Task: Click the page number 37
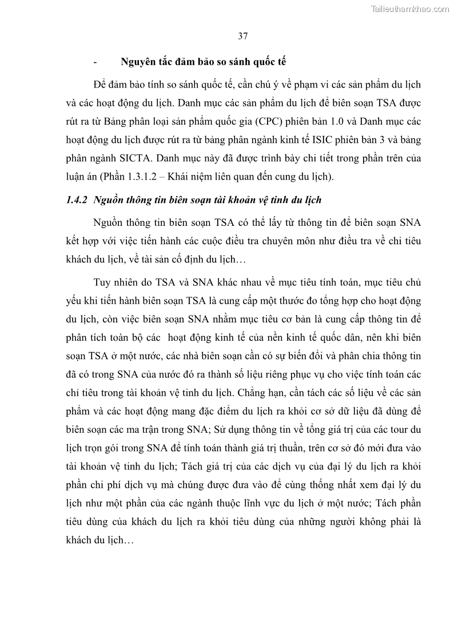point(242,37)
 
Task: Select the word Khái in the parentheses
point(181,177)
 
